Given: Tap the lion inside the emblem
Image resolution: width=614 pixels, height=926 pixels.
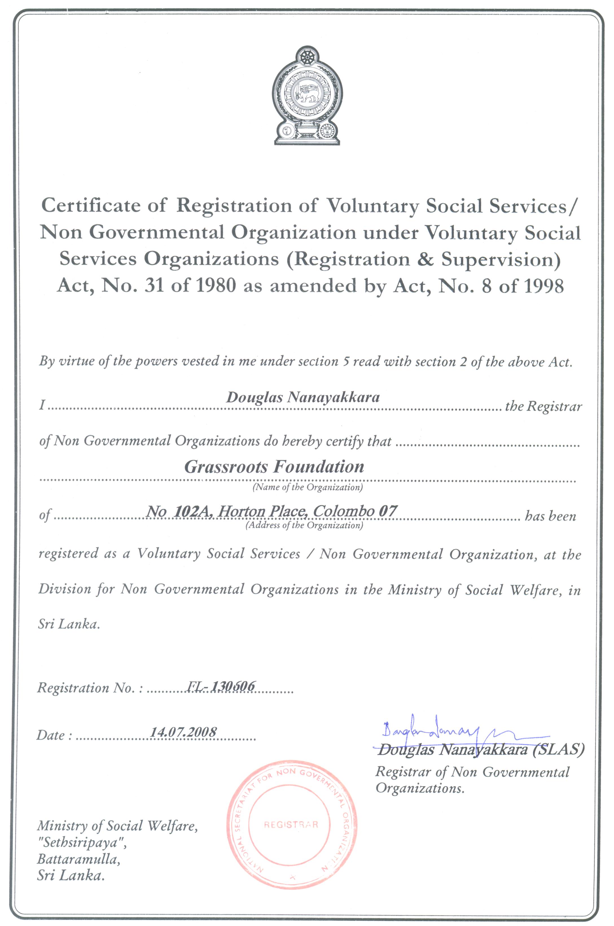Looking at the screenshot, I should click(307, 92).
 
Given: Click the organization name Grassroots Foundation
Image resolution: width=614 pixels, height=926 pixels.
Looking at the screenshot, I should click(274, 466).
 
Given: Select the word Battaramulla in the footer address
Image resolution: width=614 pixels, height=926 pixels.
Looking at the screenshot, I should click(78, 859).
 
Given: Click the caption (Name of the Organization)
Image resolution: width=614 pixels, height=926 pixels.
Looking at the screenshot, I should click(307, 487).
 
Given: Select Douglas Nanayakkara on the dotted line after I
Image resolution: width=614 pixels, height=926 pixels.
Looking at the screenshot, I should click(303, 397).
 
